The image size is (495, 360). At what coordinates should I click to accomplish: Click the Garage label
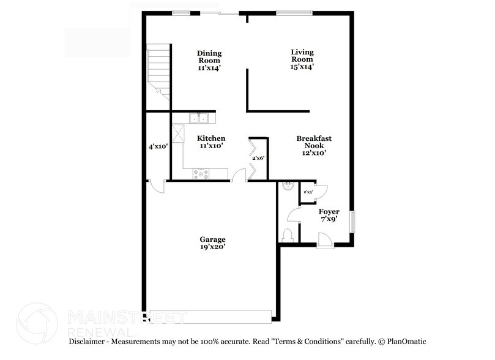click(x=213, y=239)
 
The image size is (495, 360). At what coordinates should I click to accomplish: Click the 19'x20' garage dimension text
click(x=213, y=247)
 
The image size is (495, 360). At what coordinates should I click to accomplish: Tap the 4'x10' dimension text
click(x=158, y=146)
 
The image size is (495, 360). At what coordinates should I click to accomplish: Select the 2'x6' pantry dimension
click(x=259, y=158)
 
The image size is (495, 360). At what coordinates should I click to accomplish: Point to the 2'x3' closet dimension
click(x=308, y=192)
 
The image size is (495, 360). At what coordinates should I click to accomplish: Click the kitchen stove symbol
click(x=201, y=174)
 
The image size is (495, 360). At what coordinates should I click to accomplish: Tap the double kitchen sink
click(x=199, y=118)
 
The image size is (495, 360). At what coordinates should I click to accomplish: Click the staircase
click(x=158, y=68)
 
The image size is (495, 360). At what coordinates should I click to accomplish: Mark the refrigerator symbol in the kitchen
click(x=179, y=133)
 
